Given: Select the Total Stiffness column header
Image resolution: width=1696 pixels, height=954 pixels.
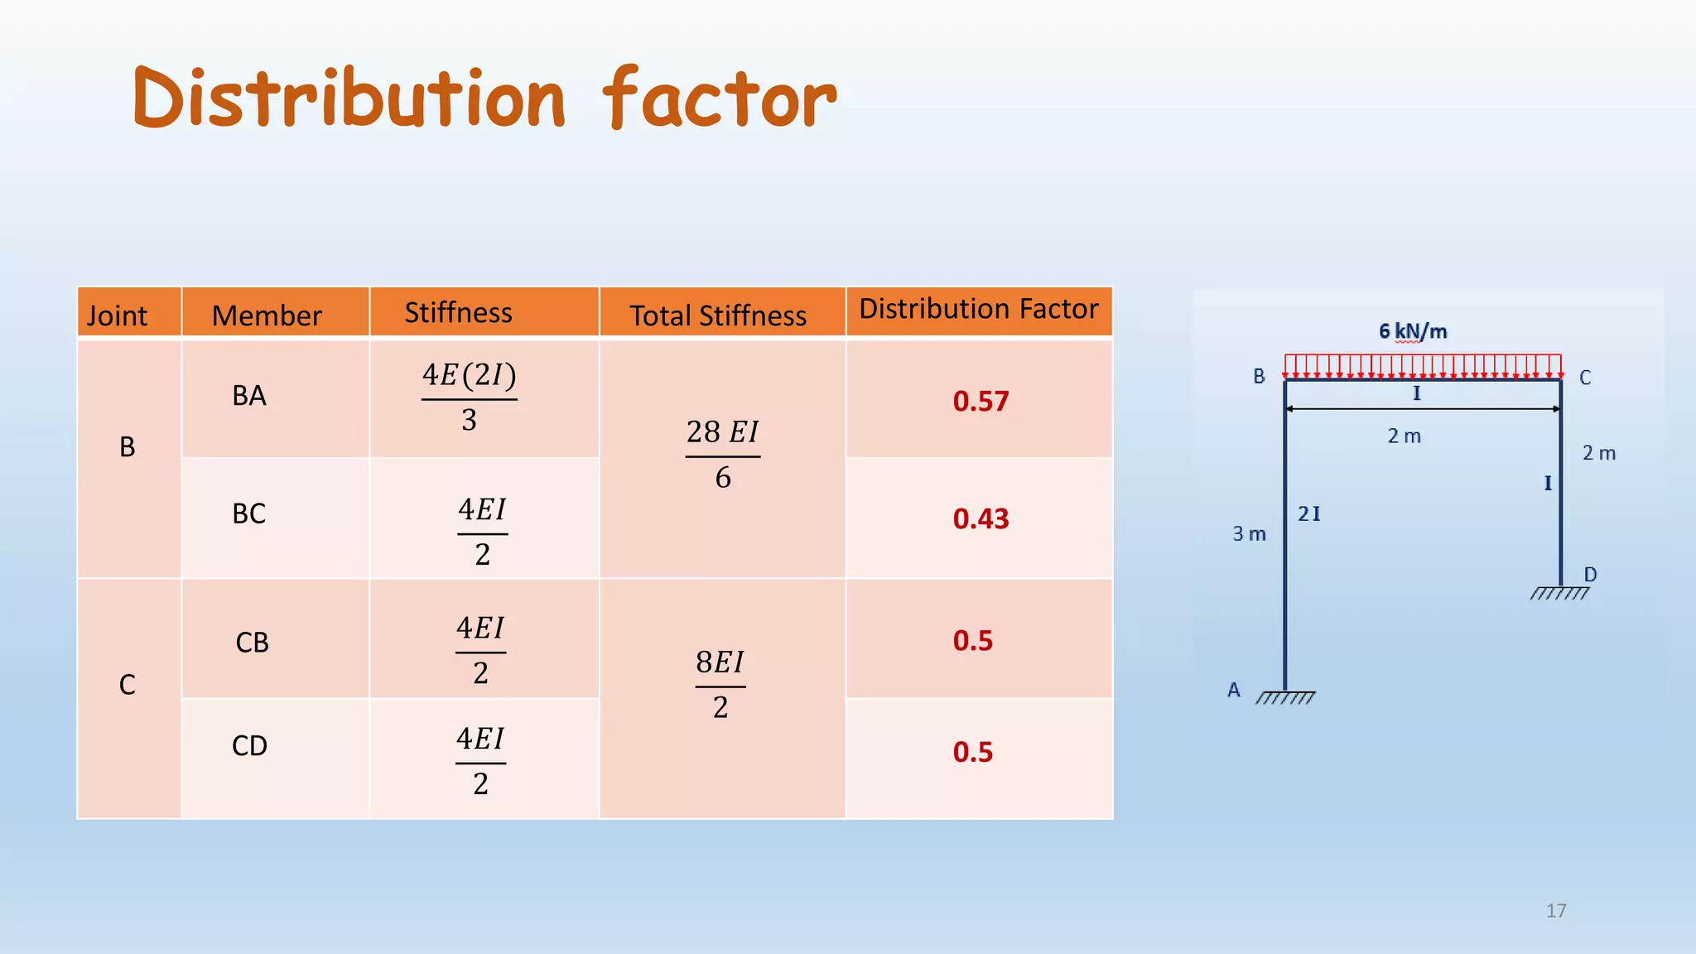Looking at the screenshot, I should (x=717, y=316).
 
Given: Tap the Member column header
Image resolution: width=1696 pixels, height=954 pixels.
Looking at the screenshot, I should (x=266, y=316).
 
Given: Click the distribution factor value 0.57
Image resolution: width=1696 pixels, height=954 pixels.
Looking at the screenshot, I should (x=980, y=402).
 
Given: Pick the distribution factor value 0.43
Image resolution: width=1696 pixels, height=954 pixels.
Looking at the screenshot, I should (x=980, y=519).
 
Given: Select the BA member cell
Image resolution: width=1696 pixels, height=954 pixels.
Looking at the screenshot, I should (x=249, y=396).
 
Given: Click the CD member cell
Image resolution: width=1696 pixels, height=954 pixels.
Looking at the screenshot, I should (x=249, y=746).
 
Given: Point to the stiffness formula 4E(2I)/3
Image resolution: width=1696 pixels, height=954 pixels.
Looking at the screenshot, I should (x=470, y=398).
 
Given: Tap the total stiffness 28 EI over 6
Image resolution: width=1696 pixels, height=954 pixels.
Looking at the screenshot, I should (x=722, y=455).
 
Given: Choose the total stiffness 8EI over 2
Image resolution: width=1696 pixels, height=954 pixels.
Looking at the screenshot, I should (x=720, y=685).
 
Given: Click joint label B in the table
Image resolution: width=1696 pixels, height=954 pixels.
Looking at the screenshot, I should (x=128, y=447).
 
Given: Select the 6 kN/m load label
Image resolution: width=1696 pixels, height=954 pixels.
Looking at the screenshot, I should (x=1413, y=331).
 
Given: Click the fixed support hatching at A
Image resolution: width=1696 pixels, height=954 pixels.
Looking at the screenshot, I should (x=1285, y=698).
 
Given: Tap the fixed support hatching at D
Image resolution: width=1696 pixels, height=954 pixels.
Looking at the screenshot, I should (x=1559, y=593).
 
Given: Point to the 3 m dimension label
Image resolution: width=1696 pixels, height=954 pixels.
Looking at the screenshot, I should (x=1249, y=534).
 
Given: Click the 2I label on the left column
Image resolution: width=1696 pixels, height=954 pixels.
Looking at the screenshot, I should (x=1309, y=514).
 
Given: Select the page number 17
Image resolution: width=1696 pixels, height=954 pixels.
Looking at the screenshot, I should (x=1556, y=911).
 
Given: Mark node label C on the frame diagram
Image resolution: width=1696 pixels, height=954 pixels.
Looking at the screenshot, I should (x=1585, y=378).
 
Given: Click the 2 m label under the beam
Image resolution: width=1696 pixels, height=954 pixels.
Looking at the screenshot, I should (x=1404, y=436).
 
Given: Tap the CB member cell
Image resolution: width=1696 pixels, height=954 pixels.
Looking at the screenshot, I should (x=252, y=643).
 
